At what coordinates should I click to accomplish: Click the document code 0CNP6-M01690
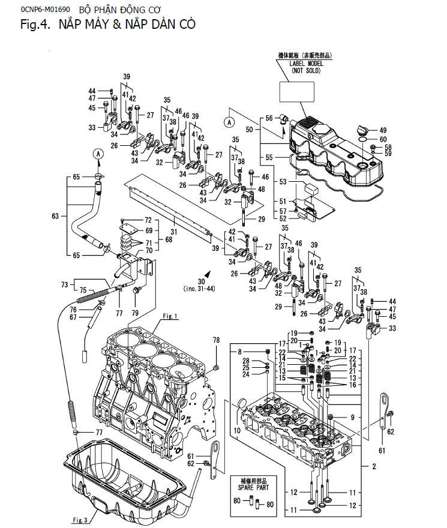click(28, 10)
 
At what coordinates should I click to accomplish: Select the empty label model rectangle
click(298, 91)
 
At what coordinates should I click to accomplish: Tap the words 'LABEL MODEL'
click(306, 63)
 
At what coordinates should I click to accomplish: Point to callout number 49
click(383, 130)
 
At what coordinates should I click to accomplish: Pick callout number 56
click(269, 118)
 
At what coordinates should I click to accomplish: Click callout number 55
click(269, 157)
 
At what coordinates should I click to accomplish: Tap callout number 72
click(148, 221)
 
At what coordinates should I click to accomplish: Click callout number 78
click(217, 340)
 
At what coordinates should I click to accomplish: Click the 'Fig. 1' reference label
click(170, 316)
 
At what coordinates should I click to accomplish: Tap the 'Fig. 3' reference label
click(80, 519)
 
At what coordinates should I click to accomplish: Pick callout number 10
click(237, 431)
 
